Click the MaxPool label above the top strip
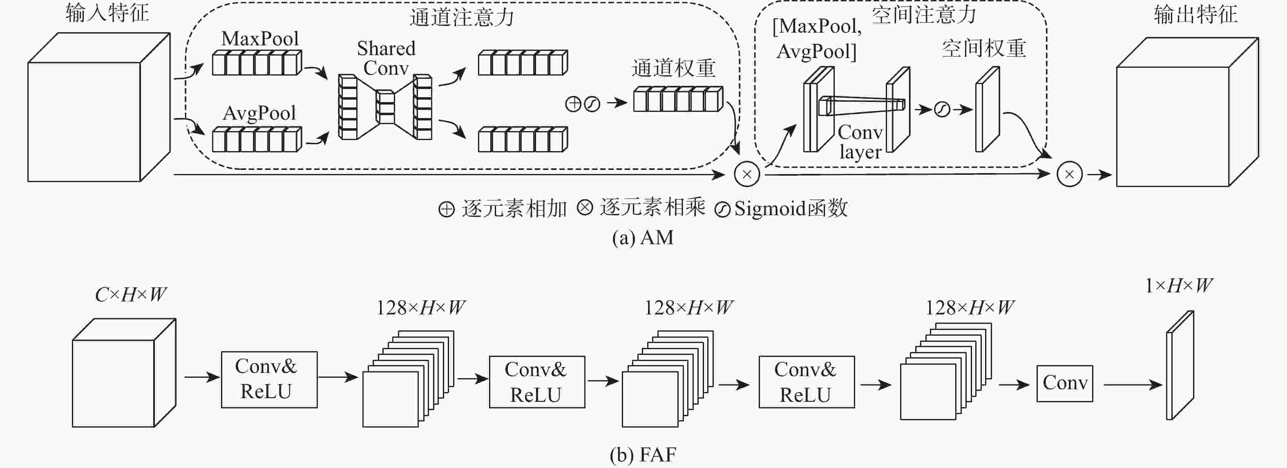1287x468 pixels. [x=260, y=39]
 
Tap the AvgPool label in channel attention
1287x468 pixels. [x=259, y=113]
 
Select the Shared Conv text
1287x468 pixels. [x=386, y=58]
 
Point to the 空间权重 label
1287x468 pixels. [x=984, y=49]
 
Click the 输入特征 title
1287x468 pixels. [x=107, y=13]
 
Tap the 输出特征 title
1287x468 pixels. [x=1195, y=15]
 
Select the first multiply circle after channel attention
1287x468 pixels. [x=747, y=174]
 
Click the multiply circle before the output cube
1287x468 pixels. [x=1070, y=174]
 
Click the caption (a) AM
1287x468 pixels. [x=643, y=238]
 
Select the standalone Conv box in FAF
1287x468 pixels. [x=1065, y=383]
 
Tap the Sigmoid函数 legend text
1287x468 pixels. [x=791, y=208]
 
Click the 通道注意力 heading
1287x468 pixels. [x=462, y=18]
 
